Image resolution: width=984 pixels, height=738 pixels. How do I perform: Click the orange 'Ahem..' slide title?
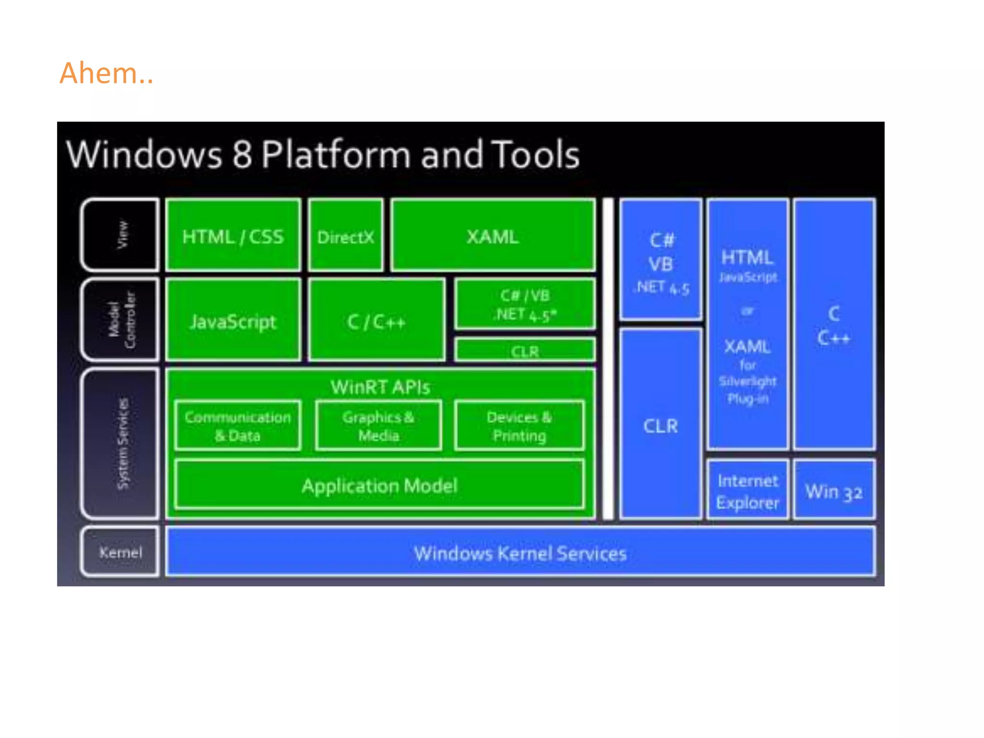(x=106, y=74)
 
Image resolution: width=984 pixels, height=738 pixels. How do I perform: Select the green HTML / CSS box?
(x=233, y=236)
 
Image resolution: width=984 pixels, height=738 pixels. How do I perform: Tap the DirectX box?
(x=345, y=236)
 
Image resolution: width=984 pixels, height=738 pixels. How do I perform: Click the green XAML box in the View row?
(x=493, y=236)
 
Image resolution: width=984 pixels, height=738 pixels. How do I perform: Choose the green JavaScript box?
(x=233, y=321)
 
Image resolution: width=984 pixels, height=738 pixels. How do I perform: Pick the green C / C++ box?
(x=376, y=321)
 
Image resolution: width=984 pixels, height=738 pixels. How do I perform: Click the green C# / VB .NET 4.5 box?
(x=525, y=305)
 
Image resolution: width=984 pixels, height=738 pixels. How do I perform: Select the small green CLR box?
(x=525, y=351)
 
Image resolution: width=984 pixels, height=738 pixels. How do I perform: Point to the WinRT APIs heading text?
(x=380, y=387)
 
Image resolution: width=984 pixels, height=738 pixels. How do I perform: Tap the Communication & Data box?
(x=238, y=426)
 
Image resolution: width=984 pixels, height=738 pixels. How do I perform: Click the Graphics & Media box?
(x=378, y=426)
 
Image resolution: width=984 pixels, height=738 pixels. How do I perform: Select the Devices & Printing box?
(x=519, y=426)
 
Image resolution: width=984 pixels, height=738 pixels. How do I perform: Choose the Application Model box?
(x=380, y=485)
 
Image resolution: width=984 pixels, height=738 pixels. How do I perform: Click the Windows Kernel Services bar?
(x=520, y=553)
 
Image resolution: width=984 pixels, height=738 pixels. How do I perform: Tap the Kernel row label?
(x=121, y=552)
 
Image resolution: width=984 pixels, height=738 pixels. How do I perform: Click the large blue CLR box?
(x=661, y=426)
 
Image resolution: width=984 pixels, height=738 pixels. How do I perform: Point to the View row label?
(x=122, y=235)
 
